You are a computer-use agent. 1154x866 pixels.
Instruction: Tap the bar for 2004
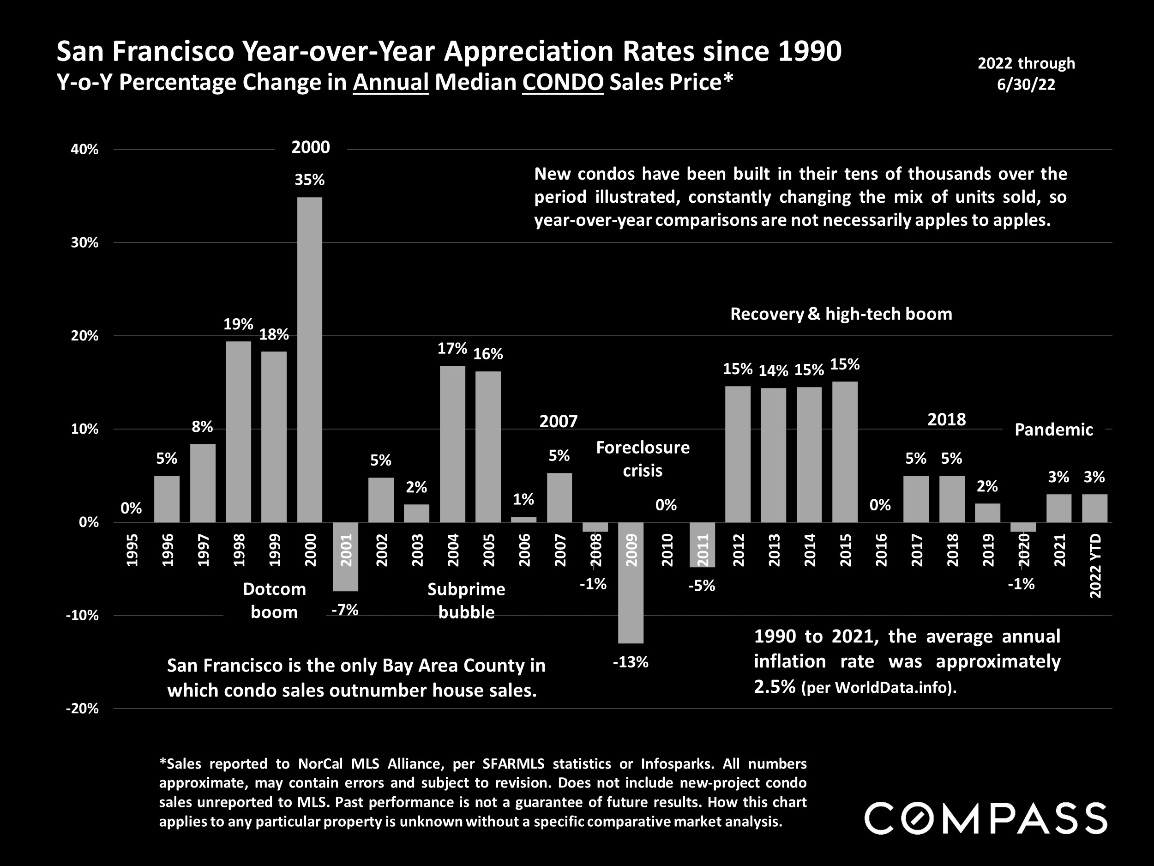[452, 444]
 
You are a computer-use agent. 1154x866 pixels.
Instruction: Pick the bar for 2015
[845, 452]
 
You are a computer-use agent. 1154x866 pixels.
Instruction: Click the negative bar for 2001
[345, 557]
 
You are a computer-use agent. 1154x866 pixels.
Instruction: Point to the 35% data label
[310, 180]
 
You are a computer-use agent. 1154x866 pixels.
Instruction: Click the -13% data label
[630, 662]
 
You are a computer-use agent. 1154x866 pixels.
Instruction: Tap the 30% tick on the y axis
[84, 243]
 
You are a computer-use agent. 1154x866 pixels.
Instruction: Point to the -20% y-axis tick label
[82, 709]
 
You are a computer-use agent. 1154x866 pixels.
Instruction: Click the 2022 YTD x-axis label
[1095, 566]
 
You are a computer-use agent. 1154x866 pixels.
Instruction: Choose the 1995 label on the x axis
[132, 550]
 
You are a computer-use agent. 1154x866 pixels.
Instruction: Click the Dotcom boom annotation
[274, 600]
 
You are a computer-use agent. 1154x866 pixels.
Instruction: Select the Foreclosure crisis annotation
[643, 459]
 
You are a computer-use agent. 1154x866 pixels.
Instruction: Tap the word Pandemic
[1053, 430]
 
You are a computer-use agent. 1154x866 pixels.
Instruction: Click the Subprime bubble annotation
[466, 600]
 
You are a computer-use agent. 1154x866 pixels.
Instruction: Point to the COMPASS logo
[986, 818]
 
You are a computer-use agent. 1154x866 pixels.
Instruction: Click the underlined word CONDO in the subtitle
[563, 83]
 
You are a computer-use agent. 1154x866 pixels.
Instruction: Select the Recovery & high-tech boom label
[841, 314]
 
